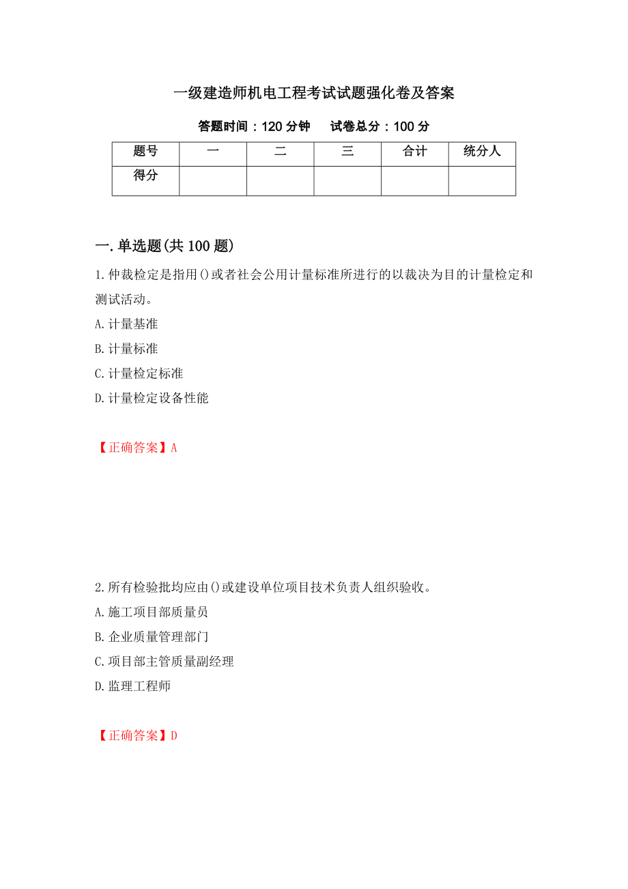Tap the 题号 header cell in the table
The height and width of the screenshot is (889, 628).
pos(145,152)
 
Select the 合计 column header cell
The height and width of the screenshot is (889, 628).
pos(414,152)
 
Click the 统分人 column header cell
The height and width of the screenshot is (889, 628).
pos(482,152)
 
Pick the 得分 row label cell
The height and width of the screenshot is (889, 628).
pos(145,176)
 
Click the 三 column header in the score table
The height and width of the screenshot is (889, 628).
pos(347,152)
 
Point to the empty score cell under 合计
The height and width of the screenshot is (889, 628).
pos(414,181)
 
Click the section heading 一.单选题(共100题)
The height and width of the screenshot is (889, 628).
pos(164,246)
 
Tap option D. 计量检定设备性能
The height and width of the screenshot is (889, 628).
pos(152,398)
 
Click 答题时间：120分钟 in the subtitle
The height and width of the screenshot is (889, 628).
pos(254,126)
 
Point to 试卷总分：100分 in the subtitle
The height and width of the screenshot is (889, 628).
pos(380,126)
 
